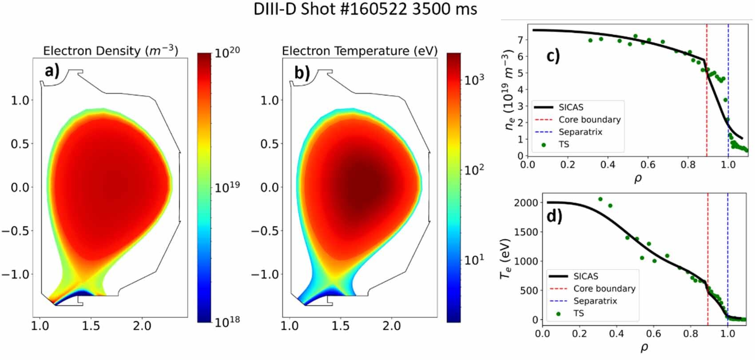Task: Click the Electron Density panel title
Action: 110,51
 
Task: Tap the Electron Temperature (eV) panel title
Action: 359,51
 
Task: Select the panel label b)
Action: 302,72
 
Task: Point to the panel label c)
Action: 552,56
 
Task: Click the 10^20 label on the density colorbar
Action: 227,53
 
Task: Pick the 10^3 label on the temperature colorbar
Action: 474,80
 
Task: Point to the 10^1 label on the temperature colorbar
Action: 474,260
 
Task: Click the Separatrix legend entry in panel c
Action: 580,132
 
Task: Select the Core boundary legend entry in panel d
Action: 604,289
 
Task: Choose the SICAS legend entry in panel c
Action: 571,107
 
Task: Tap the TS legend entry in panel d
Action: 578,313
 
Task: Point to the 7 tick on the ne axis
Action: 520,40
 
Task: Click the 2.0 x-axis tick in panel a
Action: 142,326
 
